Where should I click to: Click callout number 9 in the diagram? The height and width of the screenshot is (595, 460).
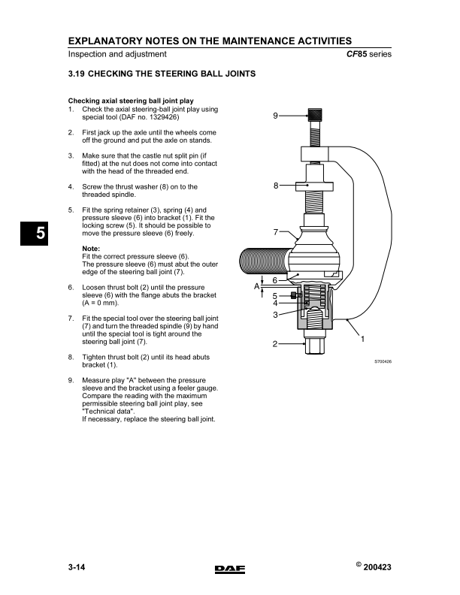(x=275, y=116)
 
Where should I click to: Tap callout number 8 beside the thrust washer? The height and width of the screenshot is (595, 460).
(x=276, y=185)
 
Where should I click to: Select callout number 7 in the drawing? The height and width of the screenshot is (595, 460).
(x=276, y=232)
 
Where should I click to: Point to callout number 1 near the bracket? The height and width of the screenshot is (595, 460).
(x=363, y=338)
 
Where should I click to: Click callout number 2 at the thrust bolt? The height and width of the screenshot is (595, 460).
(x=275, y=344)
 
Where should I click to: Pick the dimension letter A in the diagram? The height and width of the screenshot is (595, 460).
(x=256, y=286)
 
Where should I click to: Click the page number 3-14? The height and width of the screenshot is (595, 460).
(x=78, y=569)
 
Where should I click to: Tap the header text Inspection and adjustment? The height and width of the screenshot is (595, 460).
(x=117, y=54)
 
